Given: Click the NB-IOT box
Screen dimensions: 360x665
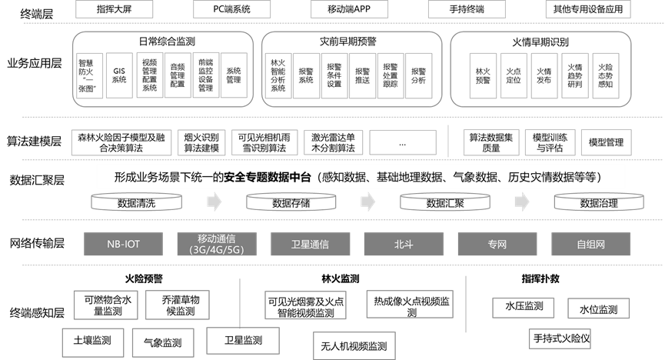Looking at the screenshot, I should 124,245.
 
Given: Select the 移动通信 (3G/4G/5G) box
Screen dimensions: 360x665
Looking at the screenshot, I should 217,245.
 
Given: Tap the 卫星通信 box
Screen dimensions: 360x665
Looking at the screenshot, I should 310,245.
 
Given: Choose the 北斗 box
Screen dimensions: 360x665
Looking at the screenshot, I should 404,245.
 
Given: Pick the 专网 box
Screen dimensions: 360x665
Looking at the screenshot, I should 497,245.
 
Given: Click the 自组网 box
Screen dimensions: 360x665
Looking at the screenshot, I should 591,245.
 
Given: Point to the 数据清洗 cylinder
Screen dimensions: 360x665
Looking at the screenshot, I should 137,203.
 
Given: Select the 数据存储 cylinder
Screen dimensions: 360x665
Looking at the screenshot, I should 291,203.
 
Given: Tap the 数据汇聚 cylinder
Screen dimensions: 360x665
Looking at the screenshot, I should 445,203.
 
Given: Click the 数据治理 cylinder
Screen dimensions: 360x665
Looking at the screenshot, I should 599,203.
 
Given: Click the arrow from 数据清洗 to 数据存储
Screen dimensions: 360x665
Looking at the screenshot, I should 214,202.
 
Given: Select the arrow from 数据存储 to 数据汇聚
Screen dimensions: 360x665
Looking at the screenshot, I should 368,202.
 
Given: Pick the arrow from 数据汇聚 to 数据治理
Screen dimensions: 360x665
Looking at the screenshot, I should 522,202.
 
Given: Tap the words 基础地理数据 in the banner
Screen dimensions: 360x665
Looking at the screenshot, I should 412,177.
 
